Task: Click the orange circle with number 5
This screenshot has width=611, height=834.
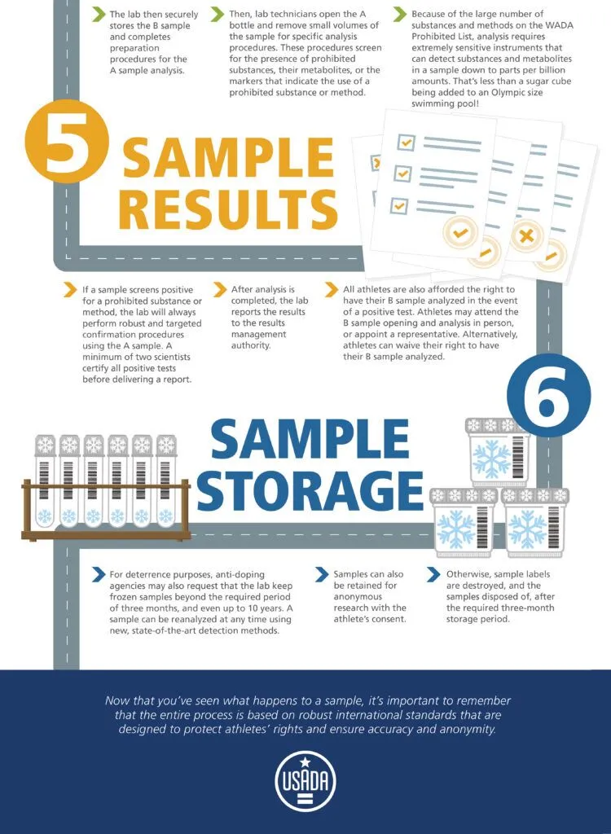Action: coord(67,142)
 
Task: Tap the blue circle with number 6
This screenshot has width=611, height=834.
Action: coord(549,395)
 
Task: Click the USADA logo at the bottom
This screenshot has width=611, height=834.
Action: coord(305,781)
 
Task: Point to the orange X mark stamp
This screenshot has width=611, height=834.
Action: coord(526,235)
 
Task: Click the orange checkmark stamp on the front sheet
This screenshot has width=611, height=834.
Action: coord(459,232)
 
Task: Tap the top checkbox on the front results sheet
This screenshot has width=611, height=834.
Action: coord(406,142)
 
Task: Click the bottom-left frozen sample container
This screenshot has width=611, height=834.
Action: coord(463,522)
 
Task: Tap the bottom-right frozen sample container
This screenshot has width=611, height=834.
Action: coord(534,522)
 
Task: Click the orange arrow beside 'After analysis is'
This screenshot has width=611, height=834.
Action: coord(220,289)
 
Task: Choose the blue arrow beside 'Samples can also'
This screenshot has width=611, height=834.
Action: coord(322,574)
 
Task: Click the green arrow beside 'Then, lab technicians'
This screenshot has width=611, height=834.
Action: coord(218,15)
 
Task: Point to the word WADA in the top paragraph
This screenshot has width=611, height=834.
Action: coord(561,25)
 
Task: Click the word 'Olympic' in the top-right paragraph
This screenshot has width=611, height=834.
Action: coord(488,92)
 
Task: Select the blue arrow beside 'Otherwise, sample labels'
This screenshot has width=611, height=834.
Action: coord(433,574)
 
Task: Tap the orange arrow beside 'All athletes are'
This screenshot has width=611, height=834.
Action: coord(332,289)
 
